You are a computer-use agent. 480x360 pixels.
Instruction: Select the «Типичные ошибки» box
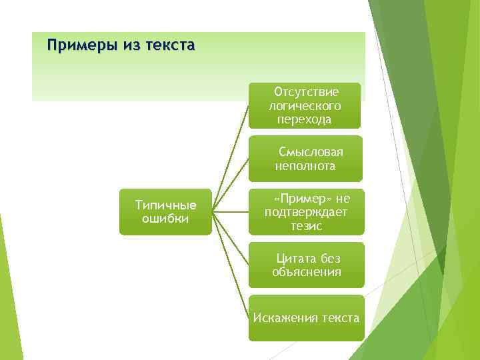tap(165, 212)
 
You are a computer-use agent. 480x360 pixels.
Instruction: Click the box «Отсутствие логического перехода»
tap(305, 105)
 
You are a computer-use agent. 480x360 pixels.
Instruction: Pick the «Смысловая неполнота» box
tap(305, 159)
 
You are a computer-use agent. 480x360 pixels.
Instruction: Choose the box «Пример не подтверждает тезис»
tap(306, 212)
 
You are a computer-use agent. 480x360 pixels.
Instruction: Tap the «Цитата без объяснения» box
tap(306, 265)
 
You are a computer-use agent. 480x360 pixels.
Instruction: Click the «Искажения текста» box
tap(306, 318)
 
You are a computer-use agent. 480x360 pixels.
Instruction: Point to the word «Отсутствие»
tap(307, 92)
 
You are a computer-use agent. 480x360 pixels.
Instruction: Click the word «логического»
tap(305, 105)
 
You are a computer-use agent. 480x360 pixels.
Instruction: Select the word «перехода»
tap(305, 119)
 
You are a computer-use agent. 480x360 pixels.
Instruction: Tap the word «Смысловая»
tap(311, 152)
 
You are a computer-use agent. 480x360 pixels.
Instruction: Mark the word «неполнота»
tap(305, 166)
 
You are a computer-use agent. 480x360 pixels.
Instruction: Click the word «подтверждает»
tap(306, 212)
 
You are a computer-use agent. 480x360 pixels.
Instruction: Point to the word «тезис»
tap(306, 226)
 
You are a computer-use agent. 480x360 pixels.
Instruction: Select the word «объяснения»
tap(307, 272)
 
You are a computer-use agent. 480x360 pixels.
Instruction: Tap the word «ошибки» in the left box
tap(165, 219)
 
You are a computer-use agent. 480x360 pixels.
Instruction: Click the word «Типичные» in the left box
tap(165, 205)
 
